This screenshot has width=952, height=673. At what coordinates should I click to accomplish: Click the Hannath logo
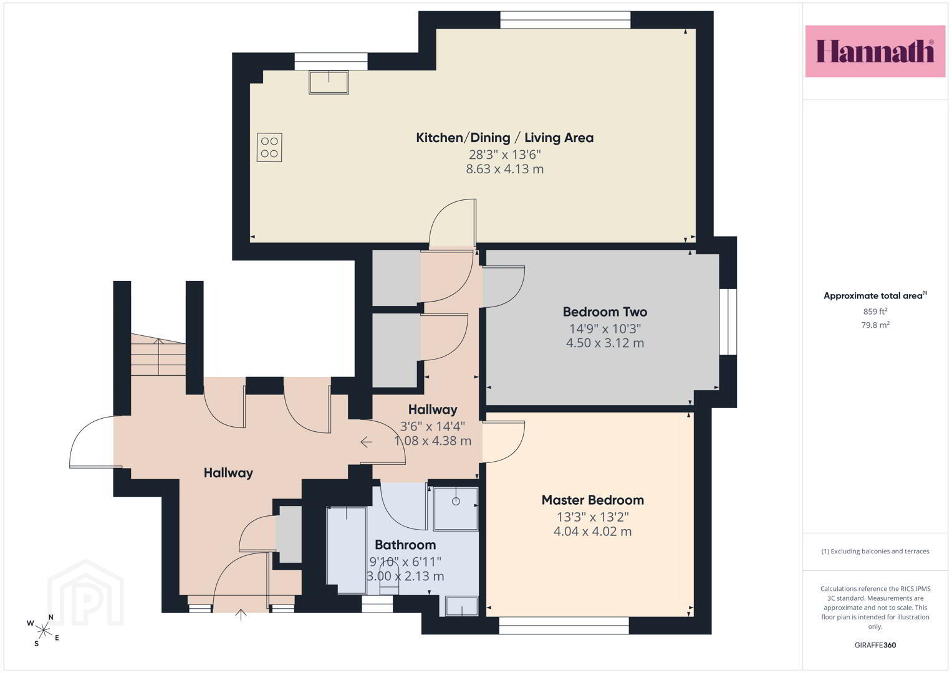click(875, 51)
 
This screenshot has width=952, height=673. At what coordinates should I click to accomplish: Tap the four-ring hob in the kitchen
click(269, 148)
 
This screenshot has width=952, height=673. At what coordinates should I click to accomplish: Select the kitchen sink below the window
click(329, 82)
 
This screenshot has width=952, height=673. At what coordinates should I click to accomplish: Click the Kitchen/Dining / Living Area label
click(504, 138)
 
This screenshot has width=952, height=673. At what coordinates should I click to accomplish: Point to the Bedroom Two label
click(605, 312)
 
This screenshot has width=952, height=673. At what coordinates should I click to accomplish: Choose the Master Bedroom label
click(592, 500)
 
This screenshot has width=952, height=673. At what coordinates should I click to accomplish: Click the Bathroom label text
click(405, 545)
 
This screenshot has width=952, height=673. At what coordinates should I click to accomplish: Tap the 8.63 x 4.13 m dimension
click(504, 169)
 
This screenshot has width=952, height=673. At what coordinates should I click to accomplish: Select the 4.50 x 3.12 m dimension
click(605, 343)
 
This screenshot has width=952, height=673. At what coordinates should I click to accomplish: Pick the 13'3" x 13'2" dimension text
click(592, 517)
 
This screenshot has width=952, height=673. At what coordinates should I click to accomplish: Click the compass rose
click(43, 631)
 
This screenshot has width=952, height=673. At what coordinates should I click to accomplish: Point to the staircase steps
click(158, 355)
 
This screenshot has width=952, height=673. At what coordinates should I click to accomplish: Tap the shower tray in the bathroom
click(456, 508)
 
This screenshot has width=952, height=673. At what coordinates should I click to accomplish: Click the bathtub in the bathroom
click(347, 550)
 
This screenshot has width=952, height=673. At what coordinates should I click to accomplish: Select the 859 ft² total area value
click(875, 312)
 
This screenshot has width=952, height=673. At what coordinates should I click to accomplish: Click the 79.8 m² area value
click(875, 325)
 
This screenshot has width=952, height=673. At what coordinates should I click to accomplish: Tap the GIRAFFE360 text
click(875, 645)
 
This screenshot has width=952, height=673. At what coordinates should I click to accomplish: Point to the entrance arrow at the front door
click(241, 614)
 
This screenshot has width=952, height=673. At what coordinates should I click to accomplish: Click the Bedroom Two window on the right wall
click(728, 322)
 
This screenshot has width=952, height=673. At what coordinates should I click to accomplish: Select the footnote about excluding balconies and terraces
click(875, 551)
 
